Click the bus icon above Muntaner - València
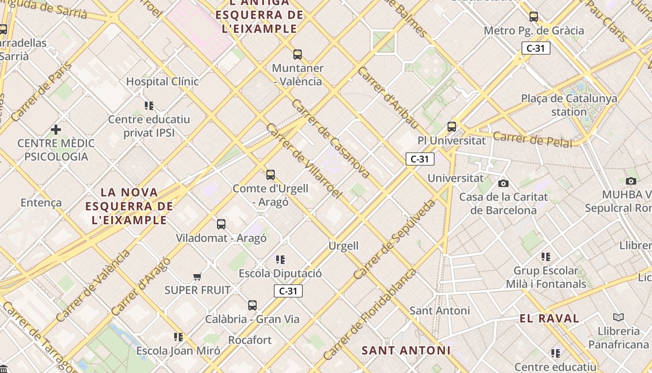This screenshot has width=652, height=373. click(x=298, y=55)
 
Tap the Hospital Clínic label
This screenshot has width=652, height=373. click(x=163, y=82)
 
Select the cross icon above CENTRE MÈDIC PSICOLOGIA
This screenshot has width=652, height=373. click(x=56, y=130)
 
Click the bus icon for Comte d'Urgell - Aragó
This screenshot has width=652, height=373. click(x=271, y=175)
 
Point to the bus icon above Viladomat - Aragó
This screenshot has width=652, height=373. click(x=221, y=224)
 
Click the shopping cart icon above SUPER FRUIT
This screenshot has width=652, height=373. click(x=197, y=277)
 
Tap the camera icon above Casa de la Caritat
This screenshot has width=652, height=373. click(x=503, y=183)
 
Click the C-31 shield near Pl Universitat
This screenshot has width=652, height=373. click(x=420, y=159)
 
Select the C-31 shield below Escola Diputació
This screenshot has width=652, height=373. click(x=288, y=291)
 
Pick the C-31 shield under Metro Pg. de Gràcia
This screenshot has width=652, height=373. click(x=536, y=48)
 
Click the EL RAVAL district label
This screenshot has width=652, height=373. click(x=549, y=319)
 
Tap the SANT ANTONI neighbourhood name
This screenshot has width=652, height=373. click(x=406, y=350)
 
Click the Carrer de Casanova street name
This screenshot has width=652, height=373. click(x=331, y=138)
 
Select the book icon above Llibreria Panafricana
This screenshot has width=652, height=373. click(x=618, y=318)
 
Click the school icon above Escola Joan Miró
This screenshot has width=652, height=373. click(x=178, y=337)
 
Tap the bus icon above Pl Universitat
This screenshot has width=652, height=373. click(x=451, y=127)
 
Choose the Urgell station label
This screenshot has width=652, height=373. click(x=344, y=246)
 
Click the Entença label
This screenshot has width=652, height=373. click(x=41, y=203)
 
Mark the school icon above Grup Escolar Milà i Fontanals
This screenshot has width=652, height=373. click(x=546, y=257)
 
